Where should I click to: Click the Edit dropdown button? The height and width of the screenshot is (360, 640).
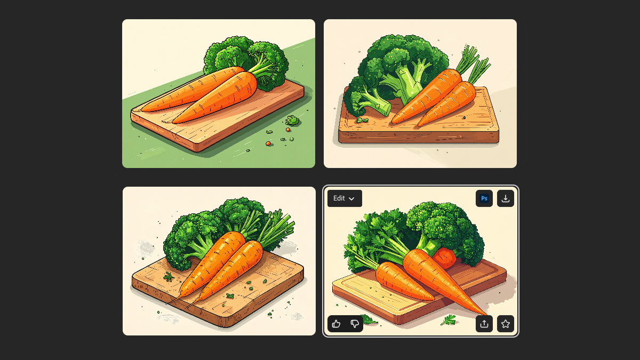pyautogui.click(x=345, y=198)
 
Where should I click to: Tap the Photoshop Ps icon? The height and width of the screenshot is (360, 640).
pyautogui.click(x=484, y=198)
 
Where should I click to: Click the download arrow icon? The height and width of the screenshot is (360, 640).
pyautogui.click(x=506, y=198)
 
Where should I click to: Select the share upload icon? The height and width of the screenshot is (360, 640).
pyautogui.click(x=484, y=324)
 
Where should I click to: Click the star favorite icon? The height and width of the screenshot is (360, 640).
pyautogui.click(x=506, y=324)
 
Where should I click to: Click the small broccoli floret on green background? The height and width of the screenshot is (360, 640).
pyautogui.click(x=292, y=121)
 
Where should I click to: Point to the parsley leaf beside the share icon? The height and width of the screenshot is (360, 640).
pyautogui.click(x=449, y=320)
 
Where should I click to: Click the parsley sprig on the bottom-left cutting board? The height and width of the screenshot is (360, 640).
pyautogui.click(x=169, y=277)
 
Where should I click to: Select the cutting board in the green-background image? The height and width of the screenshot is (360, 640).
pyautogui.click(x=217, y=120)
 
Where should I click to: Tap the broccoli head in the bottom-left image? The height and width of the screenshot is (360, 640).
pyautogui.click(x=217, y=229)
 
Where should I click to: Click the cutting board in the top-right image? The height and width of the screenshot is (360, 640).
pyautogui.click(x=419, y=126)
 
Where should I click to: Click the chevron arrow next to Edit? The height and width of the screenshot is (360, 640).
pyautogui.click(x=351, y=198)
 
